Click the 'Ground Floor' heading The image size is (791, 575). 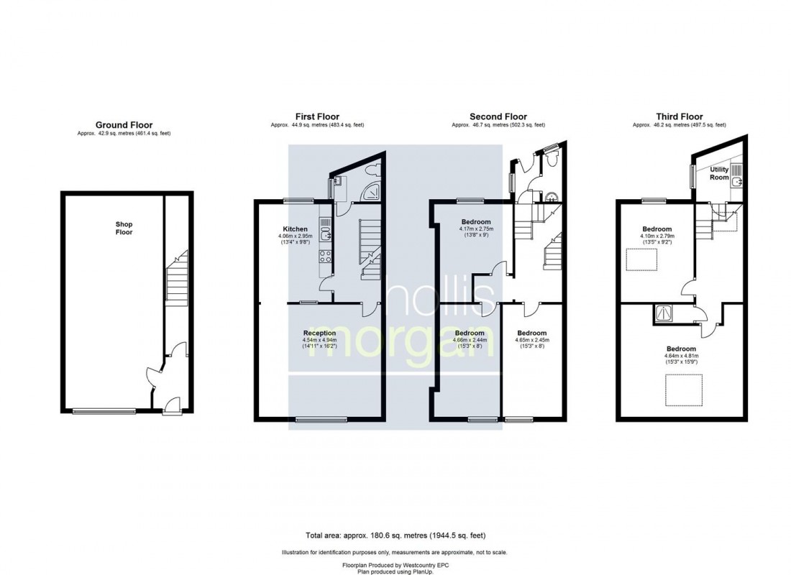(124, 125)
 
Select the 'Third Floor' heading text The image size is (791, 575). (679, 116)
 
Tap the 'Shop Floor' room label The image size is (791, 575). (124, 228)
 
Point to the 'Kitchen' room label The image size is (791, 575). (295, 229)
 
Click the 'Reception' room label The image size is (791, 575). (319, 333)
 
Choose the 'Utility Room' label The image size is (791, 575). (719, 173)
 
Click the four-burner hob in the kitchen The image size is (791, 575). (325, 258)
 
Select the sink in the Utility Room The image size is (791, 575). (734, 182)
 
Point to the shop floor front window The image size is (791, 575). (93, 411)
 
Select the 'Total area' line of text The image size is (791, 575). (395, 535)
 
